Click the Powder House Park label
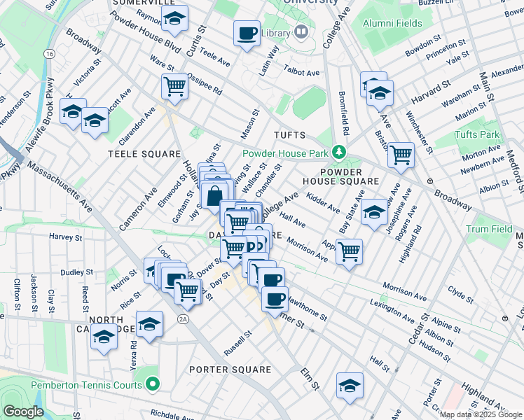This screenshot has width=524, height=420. point(286,153)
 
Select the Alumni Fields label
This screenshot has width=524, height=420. point(392,23)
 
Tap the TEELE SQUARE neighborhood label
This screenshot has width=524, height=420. point(134,153)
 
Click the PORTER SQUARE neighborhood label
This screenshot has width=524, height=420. point(230,370)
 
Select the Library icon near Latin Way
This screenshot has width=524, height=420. point(301,32)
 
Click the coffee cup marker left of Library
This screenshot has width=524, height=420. point(247,34)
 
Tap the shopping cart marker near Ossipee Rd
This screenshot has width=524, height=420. point(174,87)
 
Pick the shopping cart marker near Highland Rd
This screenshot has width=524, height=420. point(401,154)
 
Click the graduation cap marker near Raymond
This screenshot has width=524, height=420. point(174,19)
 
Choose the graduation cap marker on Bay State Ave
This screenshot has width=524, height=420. point(375,212)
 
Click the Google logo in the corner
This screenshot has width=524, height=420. point(23,412)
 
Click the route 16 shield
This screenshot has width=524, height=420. point(48,53)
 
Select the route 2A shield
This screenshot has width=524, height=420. point(183,319)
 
